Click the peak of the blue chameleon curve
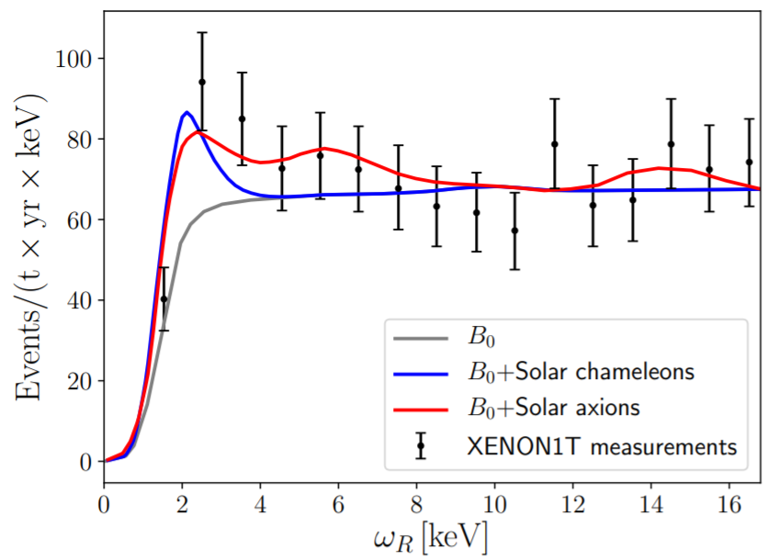coord(186,112)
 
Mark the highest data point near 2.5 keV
coord(202,82)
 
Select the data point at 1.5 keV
coord(164,298)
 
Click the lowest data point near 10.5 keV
coord(515,230)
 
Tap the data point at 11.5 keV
coord(554,144)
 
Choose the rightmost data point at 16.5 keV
coord(750,162)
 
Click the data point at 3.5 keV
coord(242,118)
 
